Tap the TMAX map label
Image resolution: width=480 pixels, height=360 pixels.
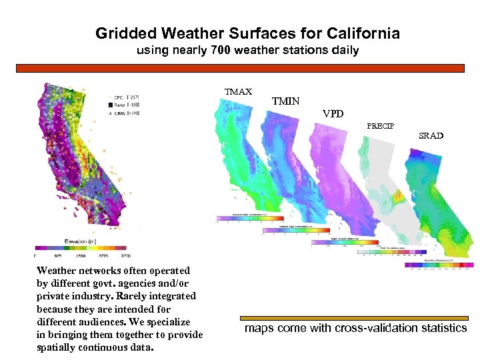(238, 92)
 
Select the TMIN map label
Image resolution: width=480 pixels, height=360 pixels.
(286, 102)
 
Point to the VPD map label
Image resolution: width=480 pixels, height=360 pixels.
(333, 114)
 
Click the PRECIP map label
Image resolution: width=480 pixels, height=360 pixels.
(380, 126)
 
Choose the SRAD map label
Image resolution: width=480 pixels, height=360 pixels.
(431, 136)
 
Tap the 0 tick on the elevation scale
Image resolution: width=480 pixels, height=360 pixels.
(35, 255)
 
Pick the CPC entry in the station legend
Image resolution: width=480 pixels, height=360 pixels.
(115, 96)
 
